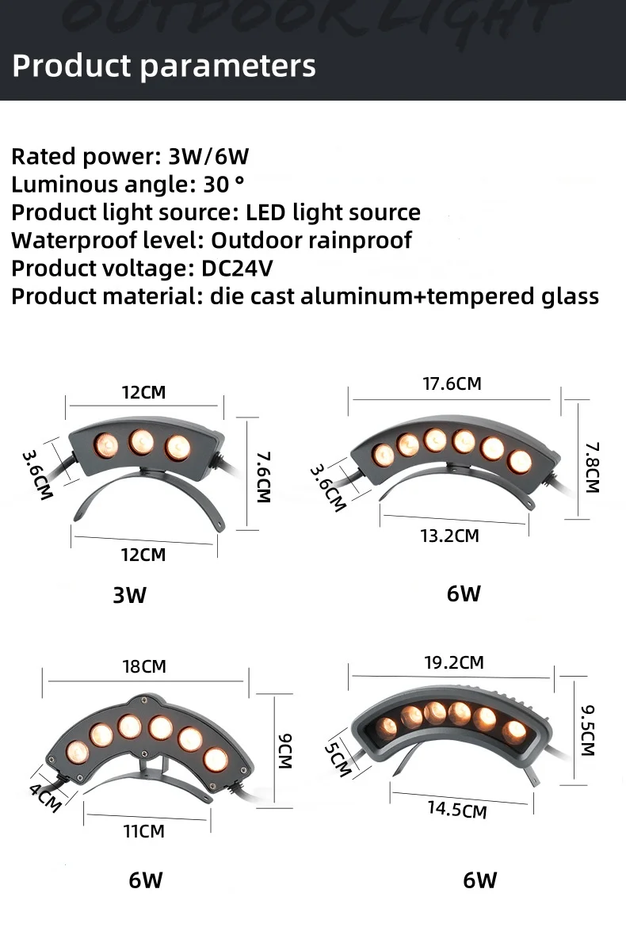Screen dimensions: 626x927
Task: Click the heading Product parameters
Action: tap(164, 66)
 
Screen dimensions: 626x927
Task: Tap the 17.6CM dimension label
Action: tap(452, 383)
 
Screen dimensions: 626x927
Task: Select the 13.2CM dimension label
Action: tap(449, 536)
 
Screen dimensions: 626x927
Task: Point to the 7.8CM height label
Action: tap(591, 467)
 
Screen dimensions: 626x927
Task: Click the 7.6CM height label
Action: tap(263, 477)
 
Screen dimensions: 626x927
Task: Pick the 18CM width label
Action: tap(144, 666)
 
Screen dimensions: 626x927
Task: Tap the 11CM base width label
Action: tap(143, 831)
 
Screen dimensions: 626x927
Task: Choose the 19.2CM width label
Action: tap(454, 662)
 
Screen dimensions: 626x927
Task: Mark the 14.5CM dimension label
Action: tap(457, 809)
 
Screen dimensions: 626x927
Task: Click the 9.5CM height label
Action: tap(587, 730)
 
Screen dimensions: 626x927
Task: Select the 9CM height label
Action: tap(284, 751)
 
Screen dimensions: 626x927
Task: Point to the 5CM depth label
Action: tap(338, 759)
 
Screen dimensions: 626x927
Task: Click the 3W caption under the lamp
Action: tap(129, 594)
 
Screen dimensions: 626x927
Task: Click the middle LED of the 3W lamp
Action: tap(142, 441)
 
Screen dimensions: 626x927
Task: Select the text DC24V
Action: tap(237, 268)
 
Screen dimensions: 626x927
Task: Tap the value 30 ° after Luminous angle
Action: tap(223, 185)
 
